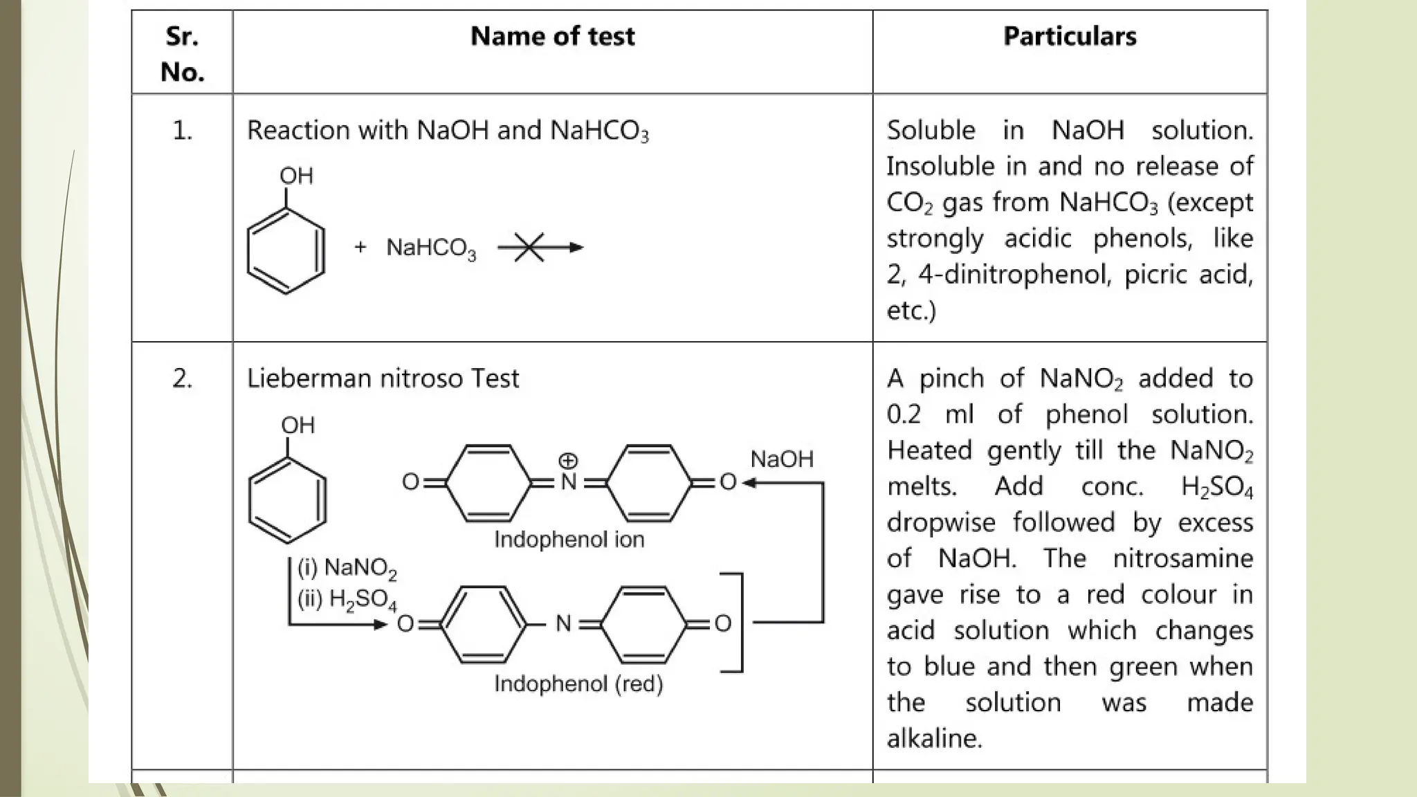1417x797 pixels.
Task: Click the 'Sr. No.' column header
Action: [182, 53]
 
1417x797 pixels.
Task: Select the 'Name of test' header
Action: [552, 37]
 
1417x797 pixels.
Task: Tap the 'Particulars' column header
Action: [1070, 37]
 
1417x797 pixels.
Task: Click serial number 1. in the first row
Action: [182, 130]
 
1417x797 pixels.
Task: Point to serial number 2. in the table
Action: [182, 378]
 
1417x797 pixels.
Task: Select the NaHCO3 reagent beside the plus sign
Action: [431, 248]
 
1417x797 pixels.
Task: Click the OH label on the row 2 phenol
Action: [298, 425]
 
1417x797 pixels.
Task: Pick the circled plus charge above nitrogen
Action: [568, 460]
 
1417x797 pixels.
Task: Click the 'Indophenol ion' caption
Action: [569, 540]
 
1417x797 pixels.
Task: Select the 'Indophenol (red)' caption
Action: [578, 684]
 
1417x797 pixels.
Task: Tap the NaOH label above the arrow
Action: [782, 459]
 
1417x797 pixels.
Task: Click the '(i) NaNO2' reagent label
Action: [347, 568]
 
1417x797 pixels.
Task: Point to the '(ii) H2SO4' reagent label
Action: [347, 599]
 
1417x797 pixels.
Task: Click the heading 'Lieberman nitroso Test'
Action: [383, 378]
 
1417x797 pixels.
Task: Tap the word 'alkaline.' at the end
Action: [934, 738]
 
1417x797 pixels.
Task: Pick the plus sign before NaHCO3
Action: [360, 247]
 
